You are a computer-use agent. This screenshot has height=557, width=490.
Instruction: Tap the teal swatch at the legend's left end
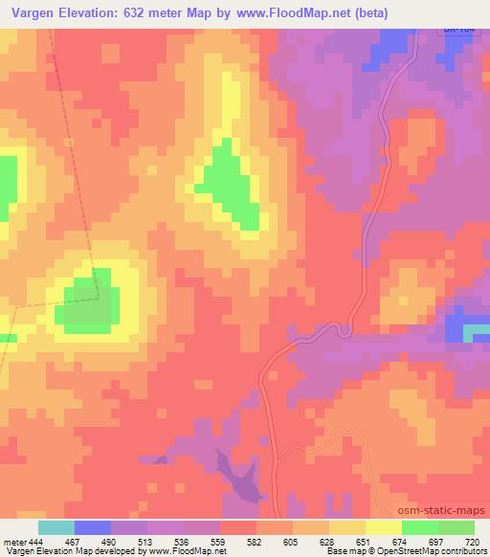(56, 527)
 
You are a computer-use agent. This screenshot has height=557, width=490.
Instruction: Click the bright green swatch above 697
(420, 527)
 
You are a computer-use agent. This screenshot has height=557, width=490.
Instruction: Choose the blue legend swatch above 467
(93, 527)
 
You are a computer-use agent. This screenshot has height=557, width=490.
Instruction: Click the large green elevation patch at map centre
(230, 185)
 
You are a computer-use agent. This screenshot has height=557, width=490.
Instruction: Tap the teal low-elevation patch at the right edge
(476, 332)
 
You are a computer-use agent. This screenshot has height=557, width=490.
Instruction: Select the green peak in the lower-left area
(86, 304)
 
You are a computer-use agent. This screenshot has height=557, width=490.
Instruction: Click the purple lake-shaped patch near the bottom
(236, 475)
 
